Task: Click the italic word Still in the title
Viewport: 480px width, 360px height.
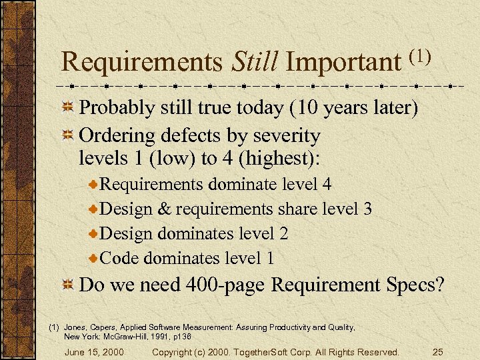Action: (255, 62)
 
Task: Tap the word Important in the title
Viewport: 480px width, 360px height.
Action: (342, 62)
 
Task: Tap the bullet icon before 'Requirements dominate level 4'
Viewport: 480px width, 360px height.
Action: (94, 183)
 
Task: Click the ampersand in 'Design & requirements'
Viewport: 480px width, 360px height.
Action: (165, 209)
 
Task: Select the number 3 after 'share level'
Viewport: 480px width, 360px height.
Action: (367, 209)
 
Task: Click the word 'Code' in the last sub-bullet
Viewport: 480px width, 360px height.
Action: (119, 257)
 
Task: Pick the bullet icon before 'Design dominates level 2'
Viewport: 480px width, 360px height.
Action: (94, 233)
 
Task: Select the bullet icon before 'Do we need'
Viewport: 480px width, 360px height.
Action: (67, 285)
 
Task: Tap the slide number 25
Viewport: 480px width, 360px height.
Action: (438, 351)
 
